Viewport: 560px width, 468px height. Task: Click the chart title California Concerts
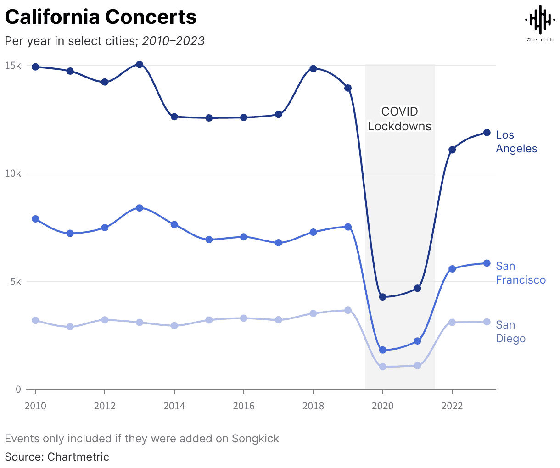pos(101,17)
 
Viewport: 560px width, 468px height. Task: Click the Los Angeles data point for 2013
pos(140,65)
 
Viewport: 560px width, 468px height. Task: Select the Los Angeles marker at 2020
pos(383,297)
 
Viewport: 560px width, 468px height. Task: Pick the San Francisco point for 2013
pos(140,208)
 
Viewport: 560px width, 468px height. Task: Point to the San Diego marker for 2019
pos(348,310)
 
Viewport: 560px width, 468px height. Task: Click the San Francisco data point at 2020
pos(383,350)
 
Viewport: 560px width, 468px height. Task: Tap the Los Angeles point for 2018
pos(313,68)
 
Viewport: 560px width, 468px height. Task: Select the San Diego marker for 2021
pos(417,366)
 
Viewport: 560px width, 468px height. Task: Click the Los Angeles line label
pos(516,142)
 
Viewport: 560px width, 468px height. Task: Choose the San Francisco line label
pos(521,273)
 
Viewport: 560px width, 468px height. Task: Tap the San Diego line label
pos(510,332)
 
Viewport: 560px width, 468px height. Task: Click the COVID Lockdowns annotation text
pos(400,119)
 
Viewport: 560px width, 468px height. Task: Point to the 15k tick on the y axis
pos(13,66)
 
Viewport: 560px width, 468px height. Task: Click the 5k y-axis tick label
pos(16,281)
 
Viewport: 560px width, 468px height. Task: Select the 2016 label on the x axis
pos(244,406)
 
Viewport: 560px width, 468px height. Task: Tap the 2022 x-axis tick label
pos(452,406)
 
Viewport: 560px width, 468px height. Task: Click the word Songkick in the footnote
pos(255,439)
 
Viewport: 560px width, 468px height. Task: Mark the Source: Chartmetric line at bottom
pos(57,457)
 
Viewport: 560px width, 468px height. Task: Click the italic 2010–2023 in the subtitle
pos(173,41)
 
